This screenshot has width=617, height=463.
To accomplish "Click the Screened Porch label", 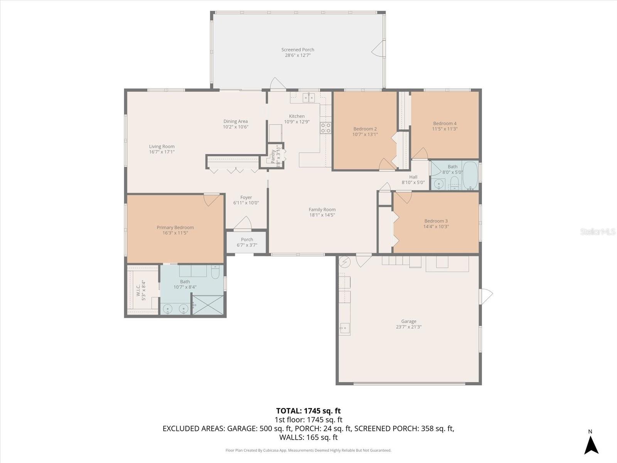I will click(x=297, y=50).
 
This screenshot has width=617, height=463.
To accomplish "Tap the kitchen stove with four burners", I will click(x=325, y=128).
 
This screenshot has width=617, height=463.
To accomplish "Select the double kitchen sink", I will click(x=309, y=97).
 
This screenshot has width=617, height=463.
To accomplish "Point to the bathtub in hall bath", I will click(x=470, y=176).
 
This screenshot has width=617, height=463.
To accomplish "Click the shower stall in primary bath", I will click(x=208, y=305).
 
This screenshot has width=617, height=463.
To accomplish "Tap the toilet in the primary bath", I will click(x=215, y=272).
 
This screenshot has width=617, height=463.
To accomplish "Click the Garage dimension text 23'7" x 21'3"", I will click(x=408, y=327).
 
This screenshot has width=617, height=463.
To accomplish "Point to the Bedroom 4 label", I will click(x=445, y=123).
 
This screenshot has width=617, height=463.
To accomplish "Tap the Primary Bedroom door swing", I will click(x=211, y=199).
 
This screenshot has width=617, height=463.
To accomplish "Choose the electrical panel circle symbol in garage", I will click(x=344, y=262).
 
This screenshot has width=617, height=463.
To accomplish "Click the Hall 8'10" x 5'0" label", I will click(x=413, y=180).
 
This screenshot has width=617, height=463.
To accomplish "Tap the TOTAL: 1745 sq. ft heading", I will click(x=308, y=411).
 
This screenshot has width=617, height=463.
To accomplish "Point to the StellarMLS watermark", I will click(x=597, y=232).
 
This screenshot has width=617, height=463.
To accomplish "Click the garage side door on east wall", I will click(x=486, y=296).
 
